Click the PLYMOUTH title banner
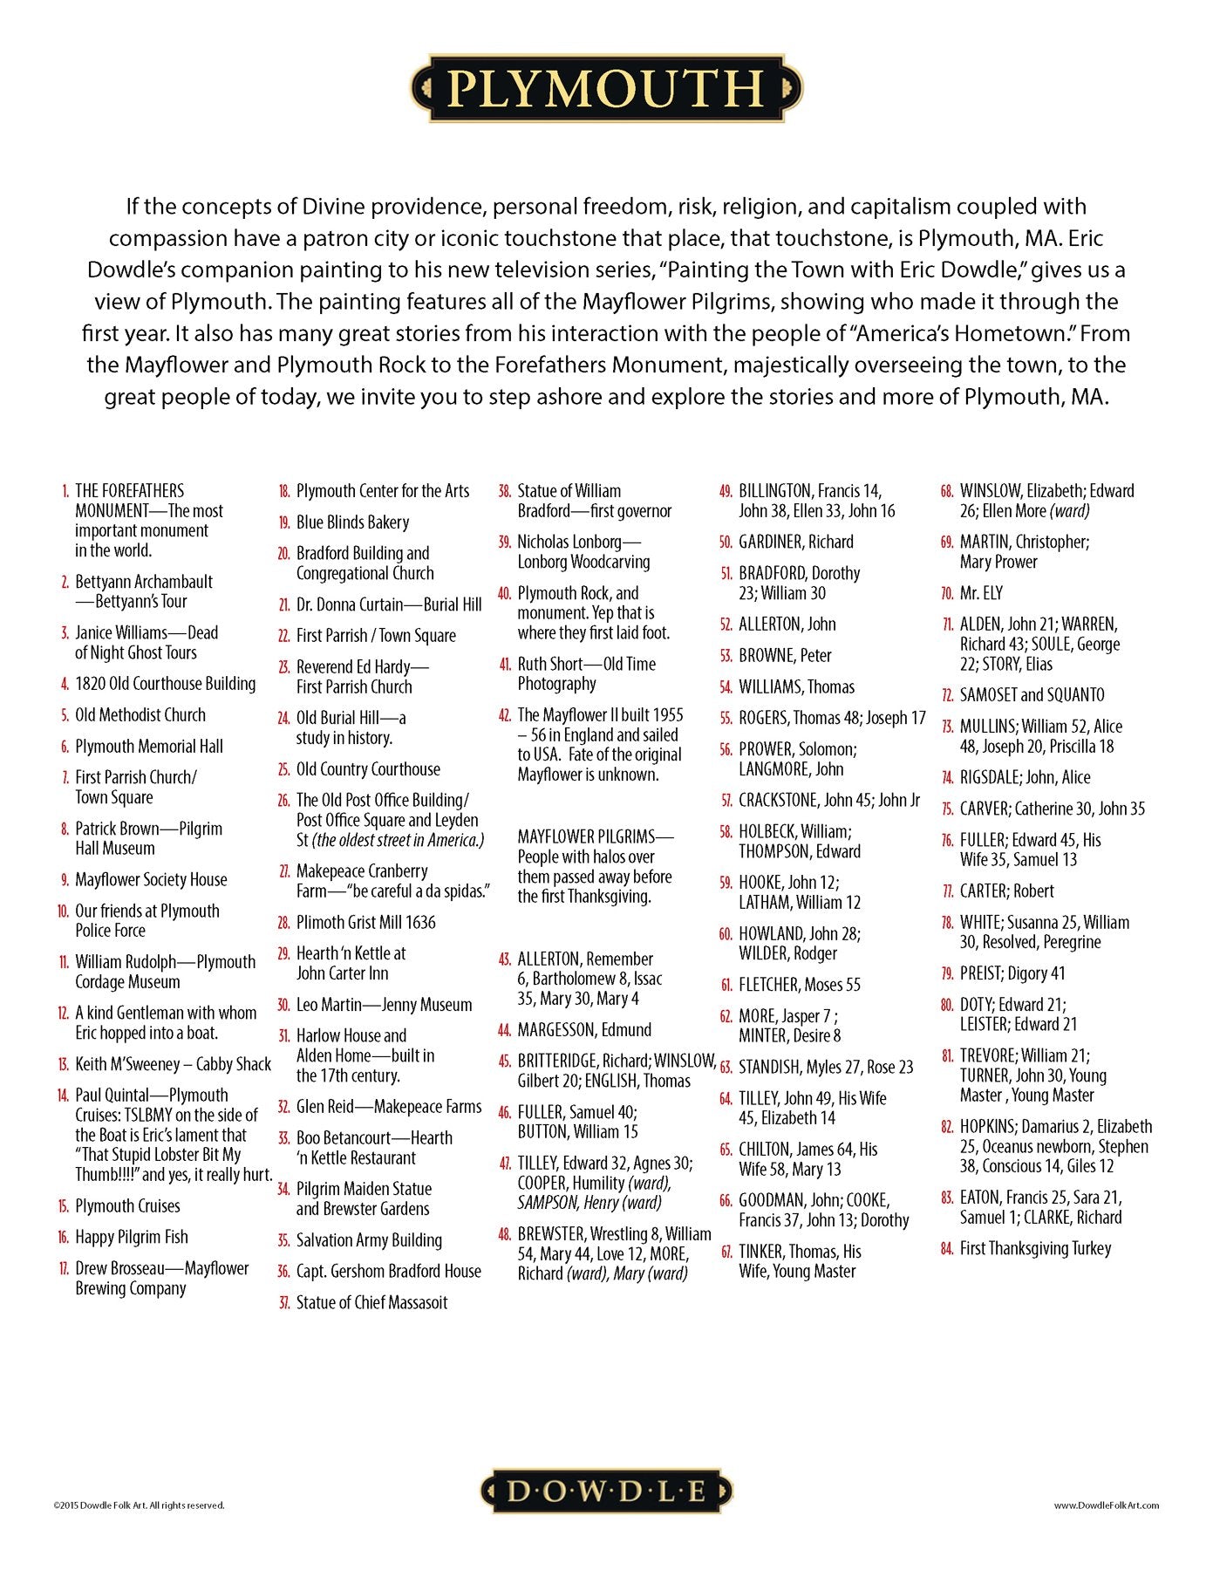coord(606,88)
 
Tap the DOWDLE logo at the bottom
coord(606,1491)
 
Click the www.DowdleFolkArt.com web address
coord(1106,1505)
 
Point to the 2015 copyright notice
coord(139,1505)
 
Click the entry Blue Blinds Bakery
coord(352,522)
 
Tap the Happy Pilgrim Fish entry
coord(131,1237)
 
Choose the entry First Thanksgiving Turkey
coord(1035,1248)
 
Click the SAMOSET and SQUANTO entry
coord(1032,695)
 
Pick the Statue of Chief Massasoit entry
coord(371,1302)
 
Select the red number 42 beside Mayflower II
coord(504,715)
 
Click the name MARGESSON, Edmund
coord(584,1030)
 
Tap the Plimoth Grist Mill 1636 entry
coord(365,922)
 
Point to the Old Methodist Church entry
coord(140,715)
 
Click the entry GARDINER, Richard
coord(795,542)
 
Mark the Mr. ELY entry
coord(981,593)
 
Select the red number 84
coord(947,1249)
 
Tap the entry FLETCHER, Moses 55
coord(799,985)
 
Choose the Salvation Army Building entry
coord(369,1240)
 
